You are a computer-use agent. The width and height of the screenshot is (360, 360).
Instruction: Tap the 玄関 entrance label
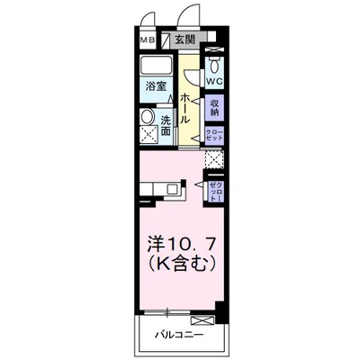(184, 40)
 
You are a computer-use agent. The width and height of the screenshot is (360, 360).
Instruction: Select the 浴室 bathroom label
(157, 86)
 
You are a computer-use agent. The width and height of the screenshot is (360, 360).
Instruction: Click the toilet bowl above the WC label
(214, 65)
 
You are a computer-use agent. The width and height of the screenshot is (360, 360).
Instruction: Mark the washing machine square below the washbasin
(148, 136)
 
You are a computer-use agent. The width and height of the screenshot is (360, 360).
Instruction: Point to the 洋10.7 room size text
(180, 245)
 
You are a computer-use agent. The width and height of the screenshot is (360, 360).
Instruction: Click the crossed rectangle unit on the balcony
(203, 320)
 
